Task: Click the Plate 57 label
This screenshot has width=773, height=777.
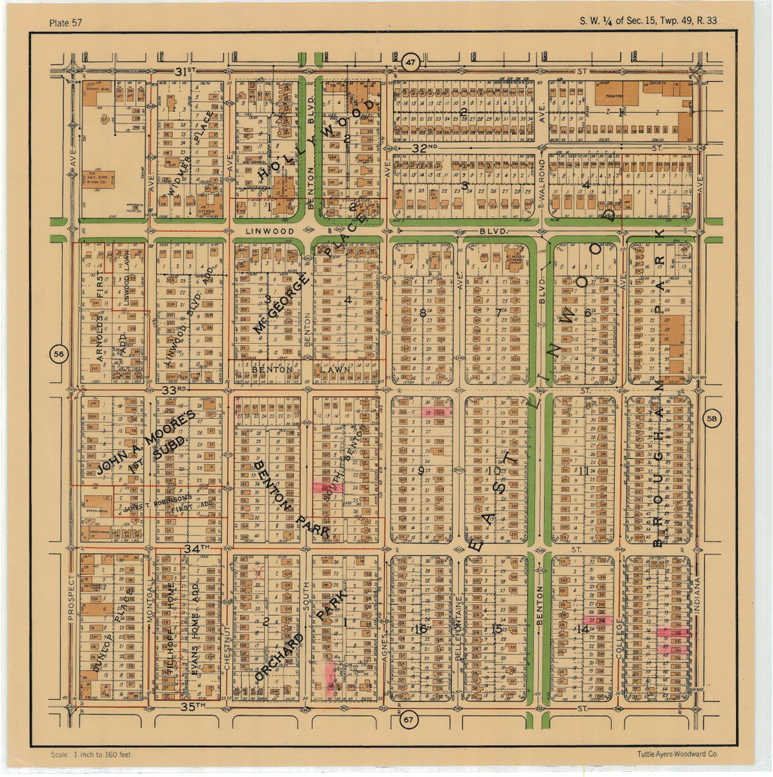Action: tap(65, 23)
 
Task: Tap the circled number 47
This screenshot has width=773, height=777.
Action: tap(410, 63)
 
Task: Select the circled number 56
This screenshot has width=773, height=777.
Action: tap(59, 354)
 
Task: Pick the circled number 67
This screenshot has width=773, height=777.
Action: tap(407, 720)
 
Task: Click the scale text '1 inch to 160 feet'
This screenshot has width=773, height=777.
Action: tap(91, 755)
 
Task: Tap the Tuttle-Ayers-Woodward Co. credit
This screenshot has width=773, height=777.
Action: tap(677, 754)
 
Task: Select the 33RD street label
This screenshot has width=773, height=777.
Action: tap(174, 390)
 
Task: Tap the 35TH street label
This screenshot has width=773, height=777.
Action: tap(192, 705)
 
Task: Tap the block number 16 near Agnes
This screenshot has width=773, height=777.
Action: tap(421, 629)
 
